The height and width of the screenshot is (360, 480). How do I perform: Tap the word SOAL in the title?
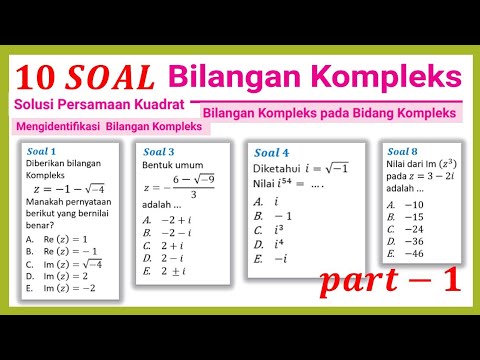(x=109, y=77)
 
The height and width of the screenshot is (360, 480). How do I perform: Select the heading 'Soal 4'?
(x=272, y=153)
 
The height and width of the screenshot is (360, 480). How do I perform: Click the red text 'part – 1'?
(x=392, y=282)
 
